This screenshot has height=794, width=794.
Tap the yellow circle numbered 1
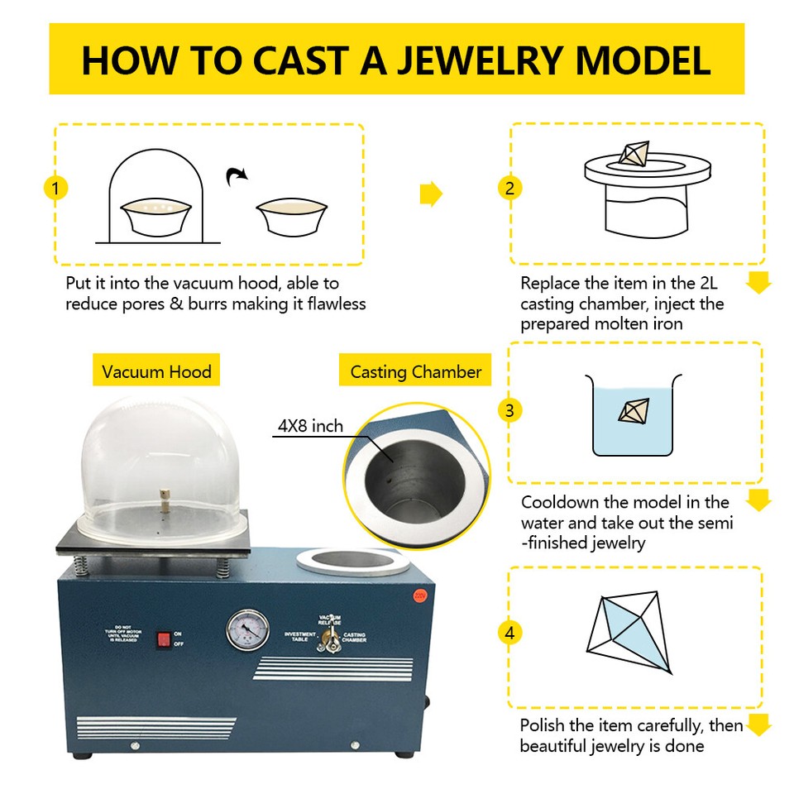coord(55,189)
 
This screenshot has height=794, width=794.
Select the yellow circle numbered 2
coord(509,189)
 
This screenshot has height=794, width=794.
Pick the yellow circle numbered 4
coord(509,634)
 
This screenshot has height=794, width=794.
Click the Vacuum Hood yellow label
coord(156,371)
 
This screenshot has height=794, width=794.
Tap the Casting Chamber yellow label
coord(415,371)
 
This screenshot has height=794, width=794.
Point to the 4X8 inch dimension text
coord(310,427)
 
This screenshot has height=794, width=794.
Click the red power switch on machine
coord(163,638)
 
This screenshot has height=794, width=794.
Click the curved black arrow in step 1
coord(238,175)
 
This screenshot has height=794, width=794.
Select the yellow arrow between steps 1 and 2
coord(431,194)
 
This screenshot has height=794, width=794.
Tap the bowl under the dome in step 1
coord(156,218)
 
